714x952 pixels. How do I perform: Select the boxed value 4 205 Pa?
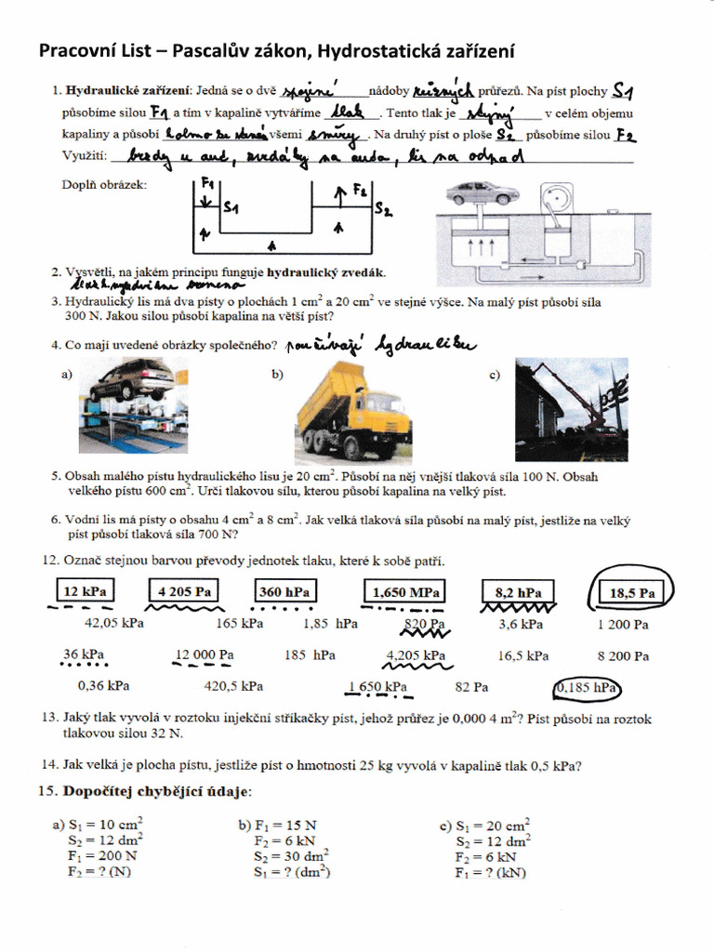[186, 591]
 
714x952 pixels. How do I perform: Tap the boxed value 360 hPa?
[284, 592]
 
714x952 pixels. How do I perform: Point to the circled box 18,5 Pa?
[633, 591]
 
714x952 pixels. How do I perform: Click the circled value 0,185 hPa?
[587, 688]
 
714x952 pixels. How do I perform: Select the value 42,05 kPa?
[114, 624]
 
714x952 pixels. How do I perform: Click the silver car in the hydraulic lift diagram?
[481, 193]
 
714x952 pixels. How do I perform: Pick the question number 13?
[50, 719]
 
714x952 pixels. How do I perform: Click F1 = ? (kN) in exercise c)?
[491, 873]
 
